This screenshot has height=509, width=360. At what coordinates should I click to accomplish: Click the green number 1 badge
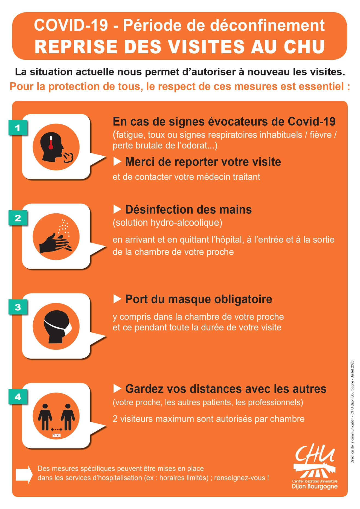18,127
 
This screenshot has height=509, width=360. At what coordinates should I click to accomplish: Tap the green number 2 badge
18,218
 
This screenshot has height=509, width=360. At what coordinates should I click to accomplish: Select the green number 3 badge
18,307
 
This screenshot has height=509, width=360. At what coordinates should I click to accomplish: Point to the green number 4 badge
18,397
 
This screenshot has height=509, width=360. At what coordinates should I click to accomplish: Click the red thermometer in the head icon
51,142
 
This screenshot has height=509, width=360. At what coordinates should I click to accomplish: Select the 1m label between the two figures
56,435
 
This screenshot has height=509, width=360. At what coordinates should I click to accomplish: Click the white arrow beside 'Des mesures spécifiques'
24,475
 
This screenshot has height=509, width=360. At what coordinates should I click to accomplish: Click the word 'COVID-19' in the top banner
71,25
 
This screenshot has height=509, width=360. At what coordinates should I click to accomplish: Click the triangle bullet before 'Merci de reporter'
117,162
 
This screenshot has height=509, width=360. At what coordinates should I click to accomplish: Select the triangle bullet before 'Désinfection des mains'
117,210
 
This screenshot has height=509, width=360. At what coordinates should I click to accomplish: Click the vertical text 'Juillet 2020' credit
352,369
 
